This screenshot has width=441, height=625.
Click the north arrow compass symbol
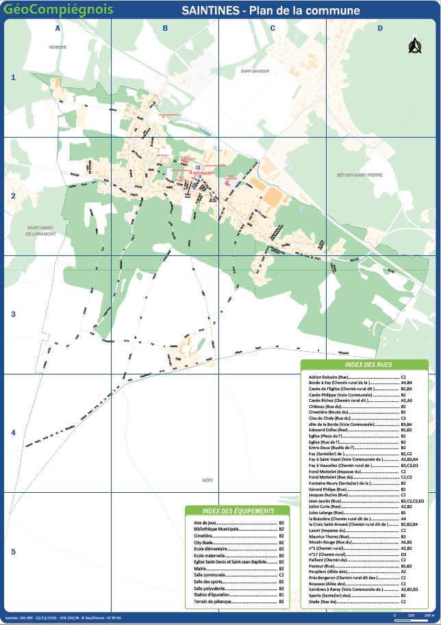[413, 46]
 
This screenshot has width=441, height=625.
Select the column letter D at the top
[380, 28]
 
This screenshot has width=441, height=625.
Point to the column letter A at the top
[58, 28]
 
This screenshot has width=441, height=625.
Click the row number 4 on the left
[12, 433]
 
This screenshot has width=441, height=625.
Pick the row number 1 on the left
[12, 77]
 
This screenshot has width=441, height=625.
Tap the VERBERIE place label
[58, 47]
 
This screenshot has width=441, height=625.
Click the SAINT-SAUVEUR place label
[255, 71]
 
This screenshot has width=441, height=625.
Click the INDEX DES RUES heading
[364, 365]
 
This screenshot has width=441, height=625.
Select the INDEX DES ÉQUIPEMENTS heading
[239, 511]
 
